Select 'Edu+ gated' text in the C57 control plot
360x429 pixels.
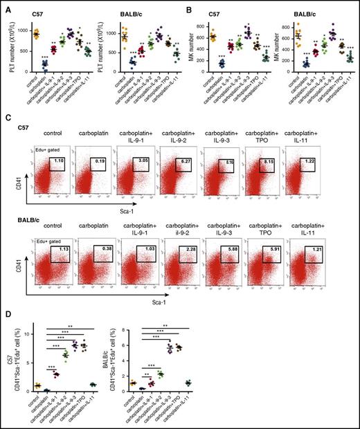click(x=45, y=151)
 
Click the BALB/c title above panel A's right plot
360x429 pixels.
click(x=134, y=12)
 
